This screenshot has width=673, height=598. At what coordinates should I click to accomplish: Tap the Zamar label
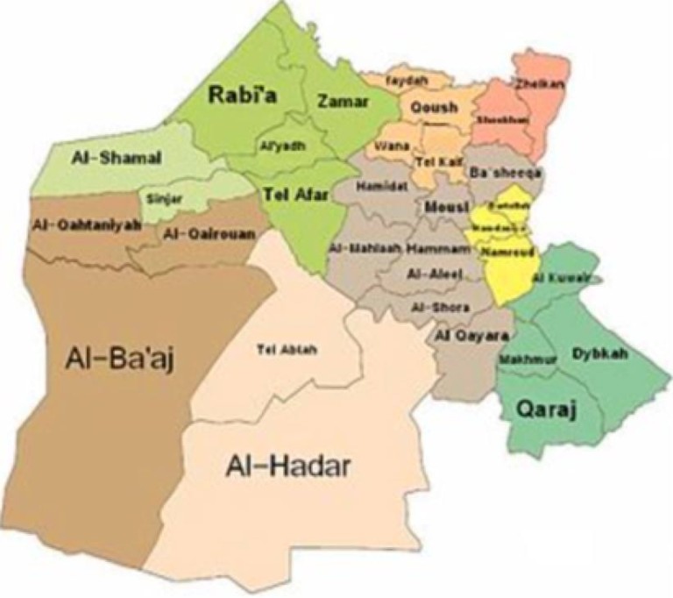[344, 102]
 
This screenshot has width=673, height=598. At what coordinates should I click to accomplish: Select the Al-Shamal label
[104, 159]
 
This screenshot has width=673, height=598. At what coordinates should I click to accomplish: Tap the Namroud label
[503, 252]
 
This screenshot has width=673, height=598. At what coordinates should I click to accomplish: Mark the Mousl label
[443, 207]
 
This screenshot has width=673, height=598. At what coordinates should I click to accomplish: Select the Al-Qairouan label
[197, 234]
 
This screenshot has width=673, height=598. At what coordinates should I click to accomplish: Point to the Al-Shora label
[440, 307]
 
